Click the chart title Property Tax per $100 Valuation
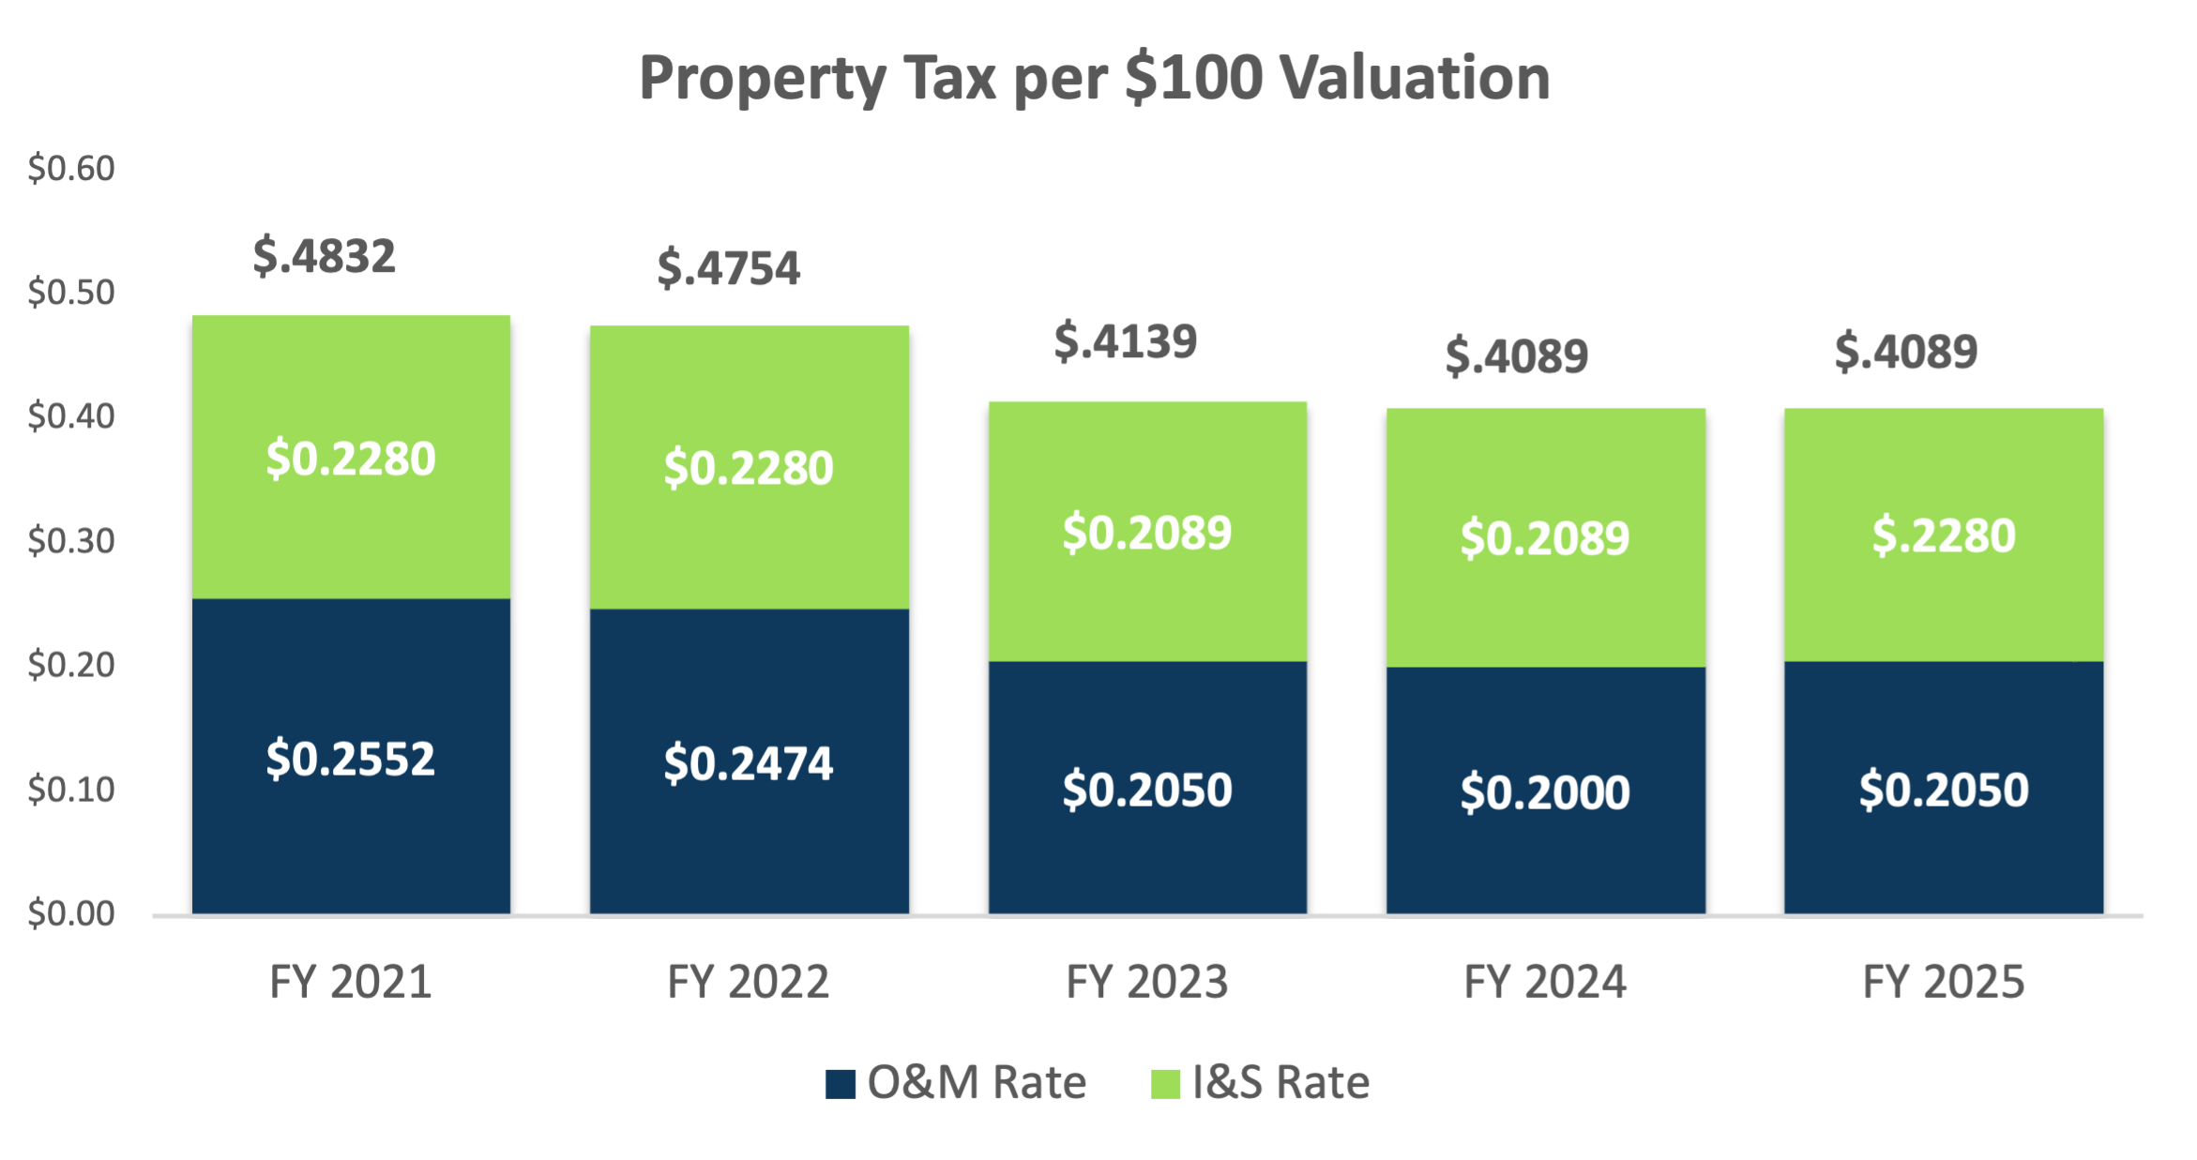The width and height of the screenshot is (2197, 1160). tap(1094, 78)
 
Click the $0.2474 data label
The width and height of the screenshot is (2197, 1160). tap(749, 763)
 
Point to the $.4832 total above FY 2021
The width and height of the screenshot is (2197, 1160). tap(325, 257)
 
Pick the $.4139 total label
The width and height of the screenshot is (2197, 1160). tap(1126, 341)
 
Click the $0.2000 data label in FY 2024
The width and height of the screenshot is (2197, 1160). tap(1545, 792)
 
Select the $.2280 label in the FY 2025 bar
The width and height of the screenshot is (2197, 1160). tap(1944, 536)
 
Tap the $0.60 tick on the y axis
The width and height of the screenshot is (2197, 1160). tap(71, 169)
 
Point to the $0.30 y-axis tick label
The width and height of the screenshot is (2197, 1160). tap(71, 541)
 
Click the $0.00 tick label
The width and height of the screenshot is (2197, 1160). tap(71, 913)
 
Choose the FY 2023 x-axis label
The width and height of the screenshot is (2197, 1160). tap(1146, 983)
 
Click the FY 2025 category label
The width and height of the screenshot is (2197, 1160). tap(1943, 983)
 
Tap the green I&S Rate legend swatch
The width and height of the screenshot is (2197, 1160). tap(1165, 1084)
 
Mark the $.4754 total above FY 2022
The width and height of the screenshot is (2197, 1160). tap(729, 268)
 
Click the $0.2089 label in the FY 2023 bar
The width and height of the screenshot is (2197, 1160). tap(1146, 533)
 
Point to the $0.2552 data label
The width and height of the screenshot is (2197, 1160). tap(351, 759)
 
